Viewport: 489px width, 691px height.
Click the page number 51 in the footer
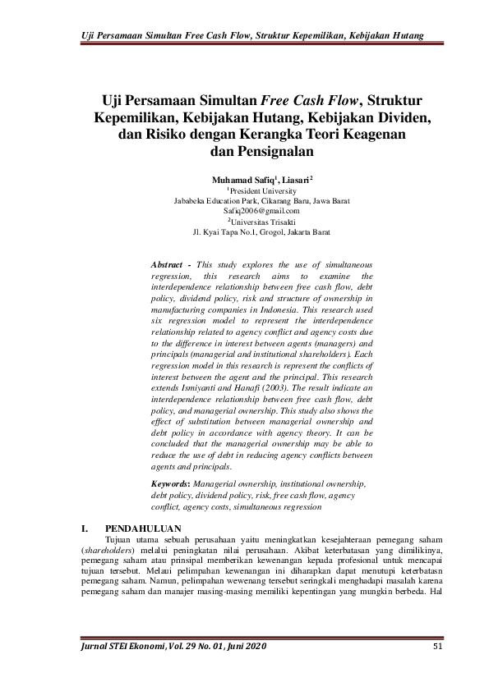437,649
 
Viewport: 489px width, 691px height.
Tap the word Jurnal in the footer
95,649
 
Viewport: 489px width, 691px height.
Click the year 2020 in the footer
253,649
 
